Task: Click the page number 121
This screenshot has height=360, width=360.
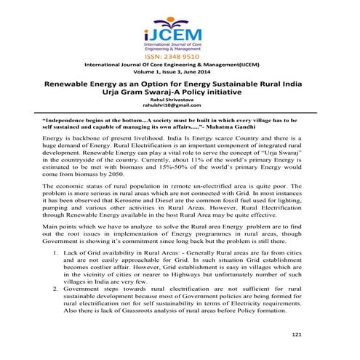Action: click(295, 334)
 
